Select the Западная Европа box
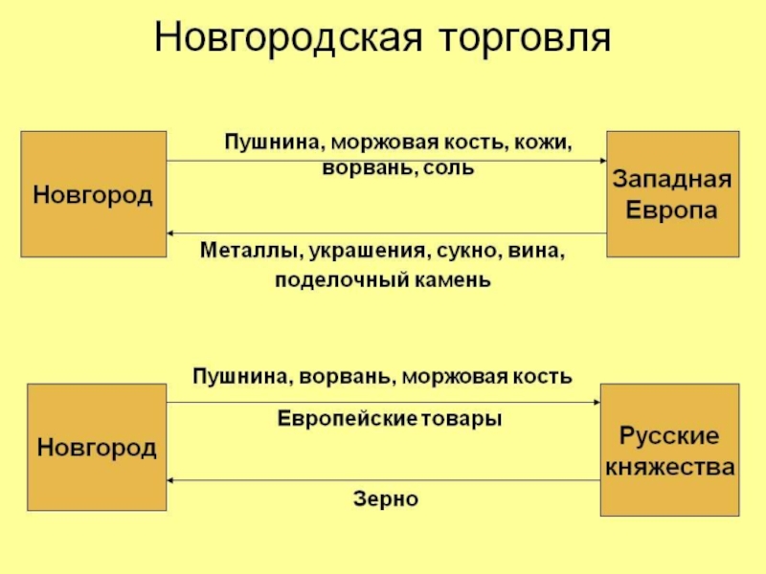[672, 194]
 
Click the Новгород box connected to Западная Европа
[93, 195]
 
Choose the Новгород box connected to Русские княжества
[96, 448]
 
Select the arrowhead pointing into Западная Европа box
[602, 161]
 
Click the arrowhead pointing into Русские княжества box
[595, 403]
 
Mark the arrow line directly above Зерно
[383, 480]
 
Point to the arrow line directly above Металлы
[383, 233]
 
